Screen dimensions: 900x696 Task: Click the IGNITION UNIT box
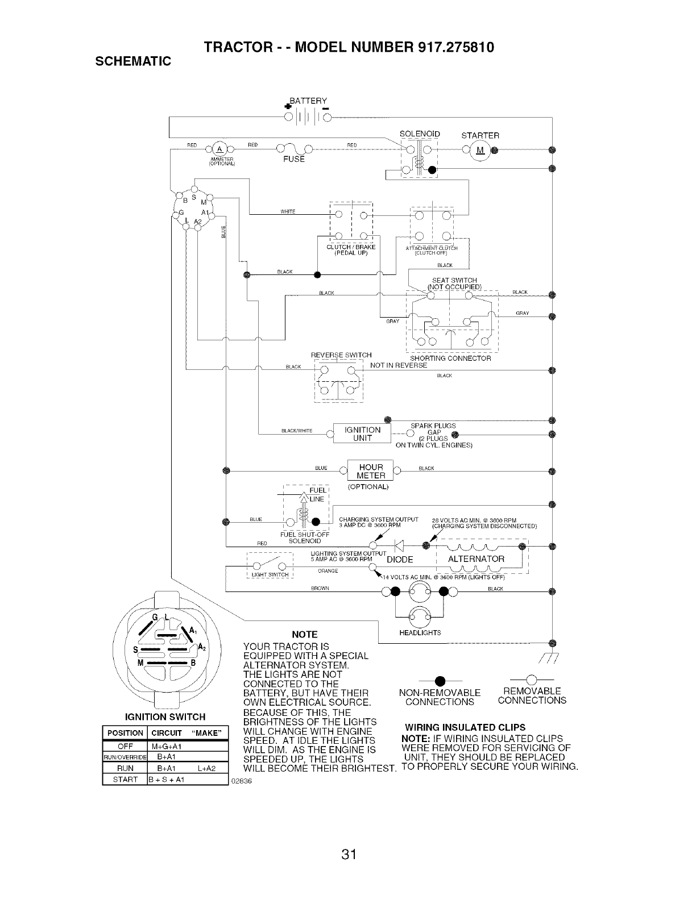(362, 434)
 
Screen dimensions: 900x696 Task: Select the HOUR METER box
(371, 472)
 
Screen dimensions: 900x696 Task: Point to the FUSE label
(294, 160)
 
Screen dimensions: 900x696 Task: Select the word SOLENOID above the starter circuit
(420, 134)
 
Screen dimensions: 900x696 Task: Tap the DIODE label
(400, 560)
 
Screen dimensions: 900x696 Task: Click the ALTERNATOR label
(476, 559)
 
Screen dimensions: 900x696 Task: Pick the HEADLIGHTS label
(421, 633)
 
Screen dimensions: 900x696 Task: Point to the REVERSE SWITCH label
(341, 356)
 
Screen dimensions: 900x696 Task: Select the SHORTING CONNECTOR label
(450, 359)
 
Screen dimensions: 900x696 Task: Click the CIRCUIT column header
(166, 733)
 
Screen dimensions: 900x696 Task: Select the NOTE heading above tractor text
(304, 635)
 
